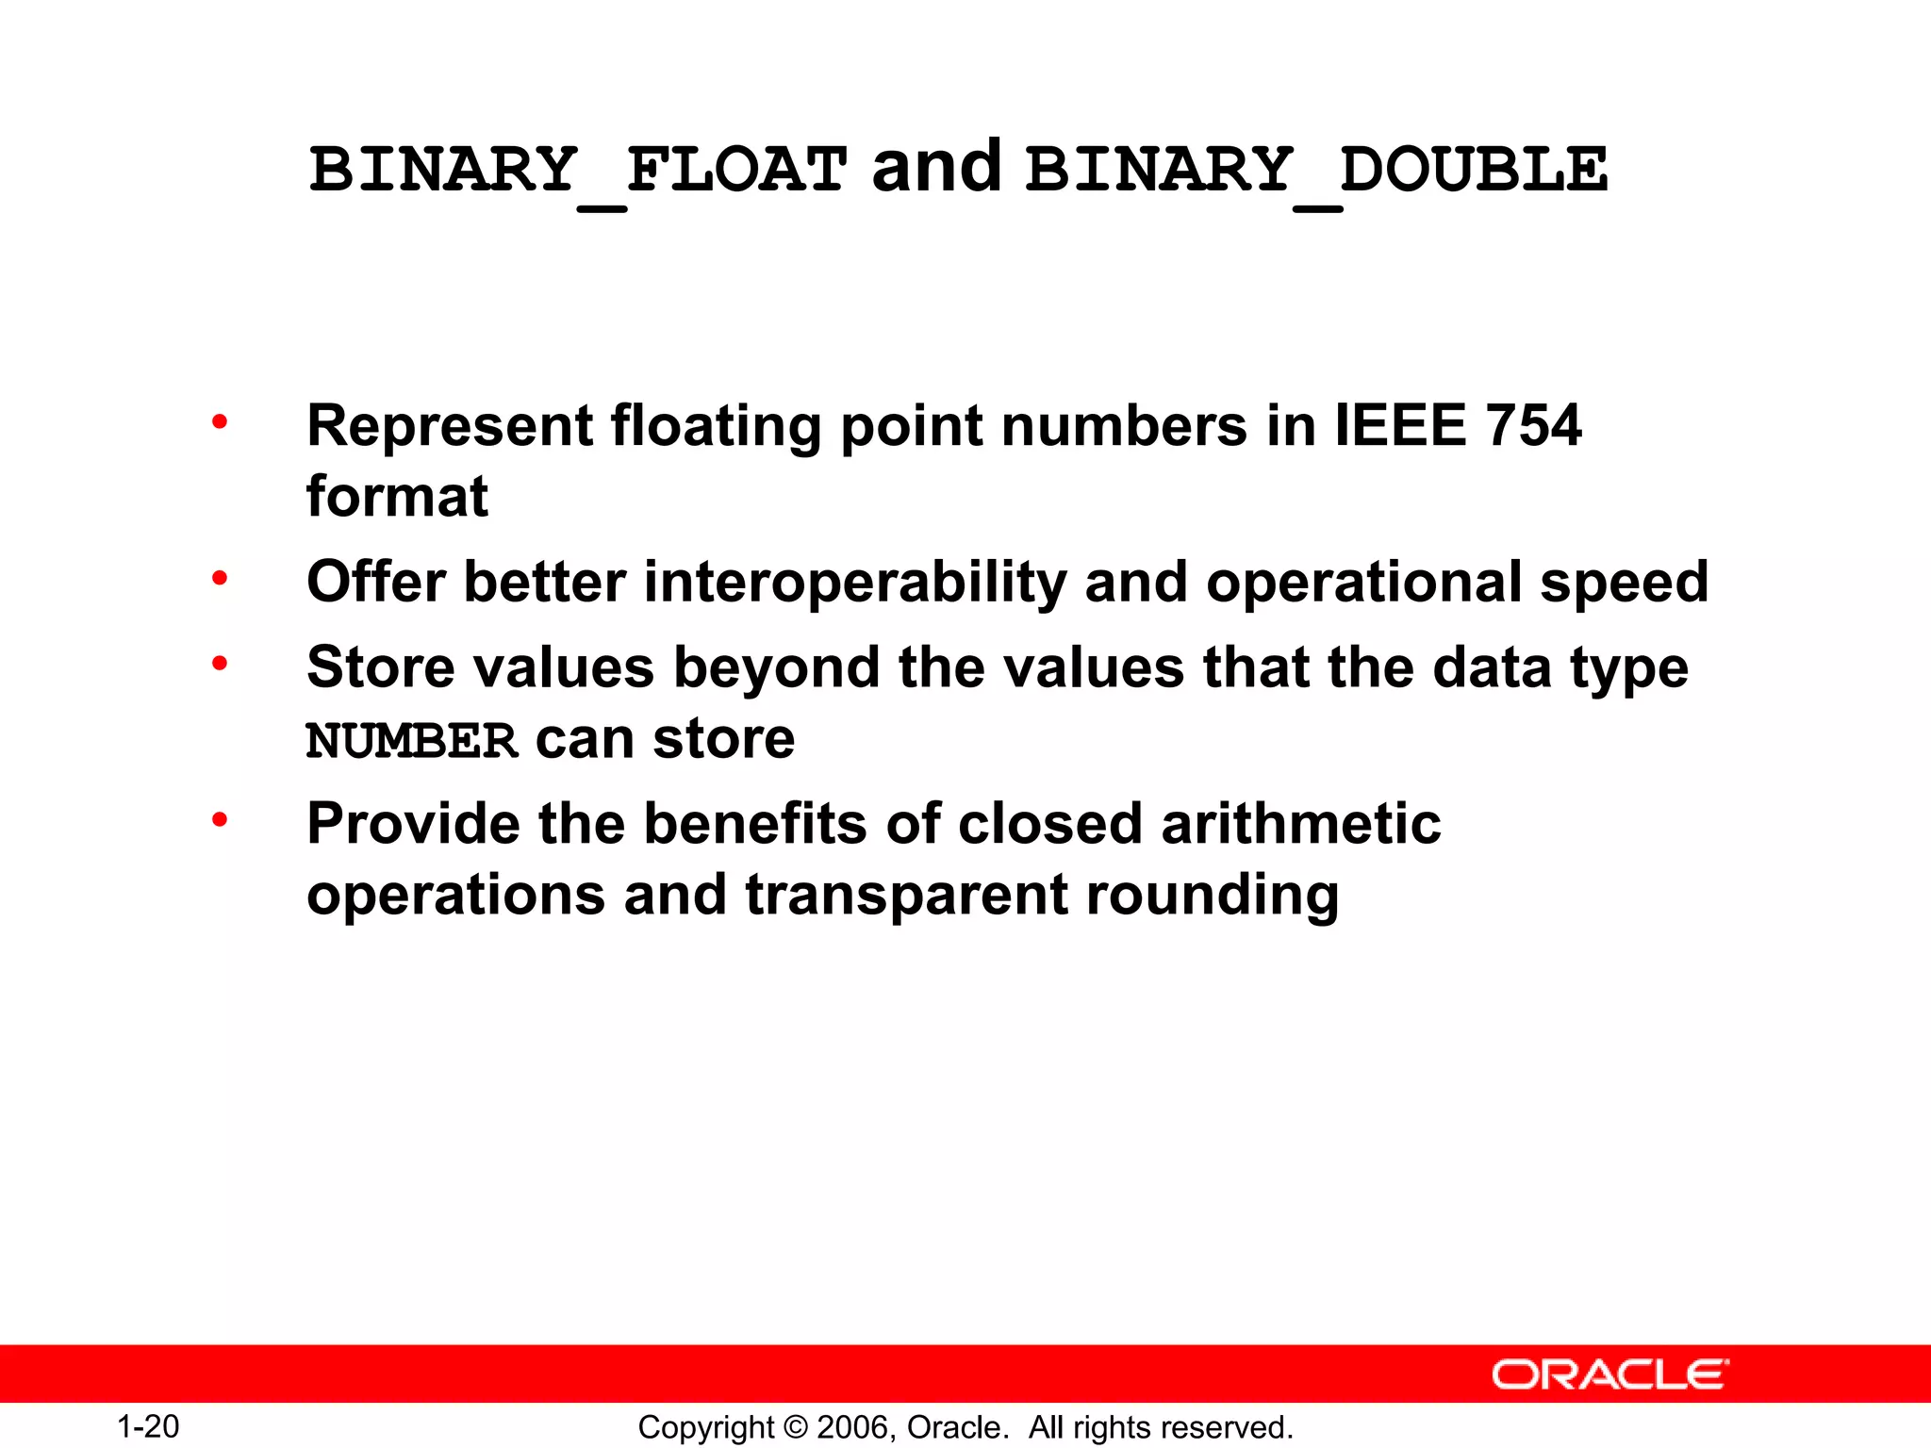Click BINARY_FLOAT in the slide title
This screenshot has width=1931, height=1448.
(577, 171)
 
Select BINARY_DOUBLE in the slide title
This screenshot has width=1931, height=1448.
(1316, 171)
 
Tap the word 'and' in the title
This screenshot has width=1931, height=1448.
(936, 168)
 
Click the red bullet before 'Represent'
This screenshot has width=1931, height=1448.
(220, 421)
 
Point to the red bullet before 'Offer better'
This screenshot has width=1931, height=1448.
(220, 578)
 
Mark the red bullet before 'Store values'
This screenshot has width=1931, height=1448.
(220, 664)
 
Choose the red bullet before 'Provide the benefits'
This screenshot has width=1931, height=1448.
(220, 820)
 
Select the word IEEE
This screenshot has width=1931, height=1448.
(1400, 425)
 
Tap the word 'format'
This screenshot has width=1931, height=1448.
(397, 497)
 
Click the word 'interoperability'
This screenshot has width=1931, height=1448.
(854, 582)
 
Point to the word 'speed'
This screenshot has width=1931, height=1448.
(1624, 584)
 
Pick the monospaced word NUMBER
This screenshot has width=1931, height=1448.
(412, 741)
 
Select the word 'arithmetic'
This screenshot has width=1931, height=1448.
(1301, 824)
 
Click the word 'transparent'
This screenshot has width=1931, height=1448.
(907, 897)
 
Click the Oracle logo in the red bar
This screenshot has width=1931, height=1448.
(1610, 1374)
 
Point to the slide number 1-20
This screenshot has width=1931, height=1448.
(148, 1426)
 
